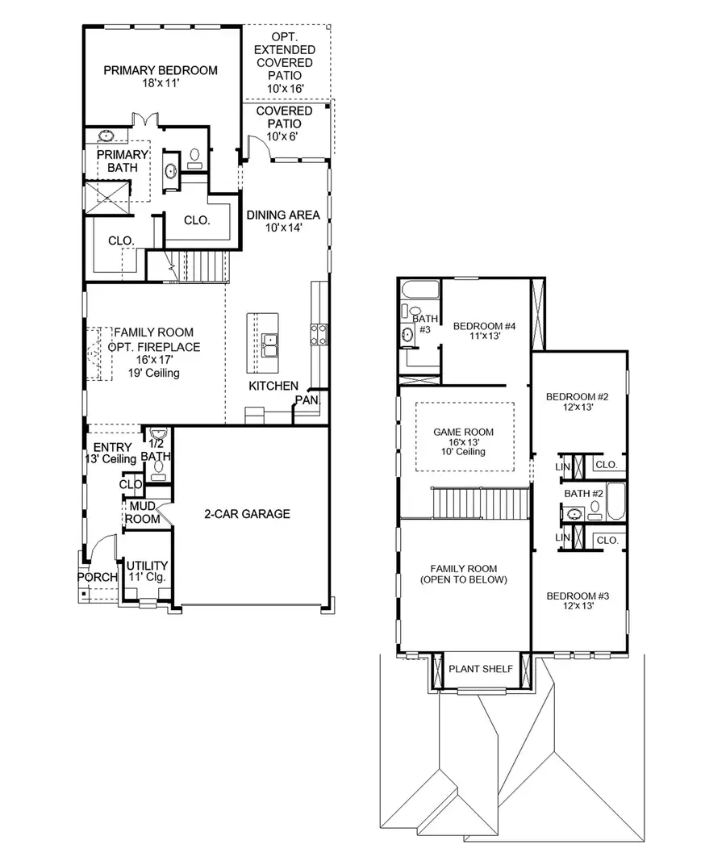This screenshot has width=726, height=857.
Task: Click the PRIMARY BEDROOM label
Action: (161, 70)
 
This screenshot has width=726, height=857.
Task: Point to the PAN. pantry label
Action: (307, 399)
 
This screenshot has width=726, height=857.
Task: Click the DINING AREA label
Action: (283, 215)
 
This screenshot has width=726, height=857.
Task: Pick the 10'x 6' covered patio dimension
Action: (284, 137)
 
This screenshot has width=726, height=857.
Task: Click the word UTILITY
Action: (147, 566)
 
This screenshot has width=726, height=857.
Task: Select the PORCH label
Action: (98, 577)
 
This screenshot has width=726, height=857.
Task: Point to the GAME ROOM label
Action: (463, 433)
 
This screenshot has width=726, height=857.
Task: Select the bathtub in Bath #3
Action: (419, 290)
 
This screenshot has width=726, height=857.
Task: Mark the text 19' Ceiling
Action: (152, 373)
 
